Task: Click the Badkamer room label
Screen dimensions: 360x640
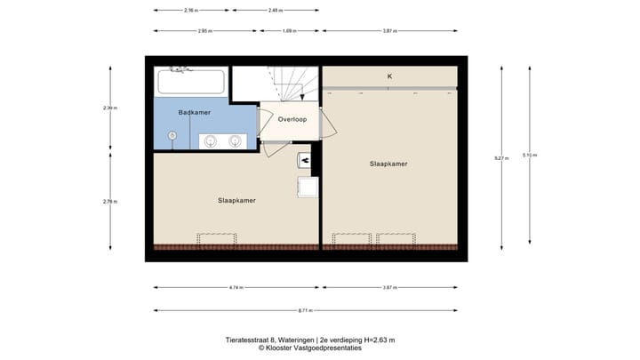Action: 194,112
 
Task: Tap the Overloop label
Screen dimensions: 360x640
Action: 292,118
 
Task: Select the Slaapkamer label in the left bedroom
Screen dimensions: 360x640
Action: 236,200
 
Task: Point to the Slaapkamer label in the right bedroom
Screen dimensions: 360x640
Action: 388,164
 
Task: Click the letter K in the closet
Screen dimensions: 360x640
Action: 389,76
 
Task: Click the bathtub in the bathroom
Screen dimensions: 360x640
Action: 190,83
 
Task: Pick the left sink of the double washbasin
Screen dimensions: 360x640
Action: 212,140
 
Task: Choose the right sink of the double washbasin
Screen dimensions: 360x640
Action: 236,140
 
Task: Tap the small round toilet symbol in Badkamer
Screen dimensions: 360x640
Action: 172,135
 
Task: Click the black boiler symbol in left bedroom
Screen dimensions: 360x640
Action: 305,159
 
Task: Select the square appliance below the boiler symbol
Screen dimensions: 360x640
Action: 308,187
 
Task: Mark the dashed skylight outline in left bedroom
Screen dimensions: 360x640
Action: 217,239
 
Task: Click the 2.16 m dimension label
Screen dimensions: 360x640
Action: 190,10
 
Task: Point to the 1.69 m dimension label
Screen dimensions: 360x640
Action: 289,30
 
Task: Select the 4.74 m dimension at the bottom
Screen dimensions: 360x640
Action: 235,287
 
